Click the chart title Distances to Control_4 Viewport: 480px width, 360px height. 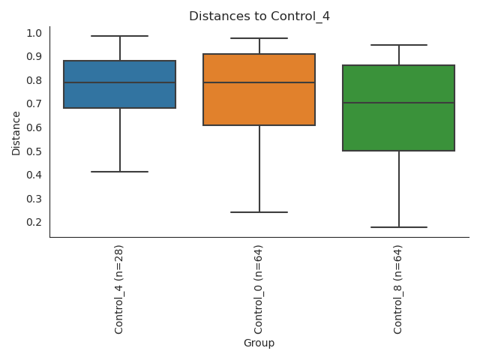[259, 16]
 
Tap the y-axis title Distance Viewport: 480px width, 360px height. [16, 133]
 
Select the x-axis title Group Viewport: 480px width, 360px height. [259, 343]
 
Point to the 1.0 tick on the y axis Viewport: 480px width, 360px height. [34, 33]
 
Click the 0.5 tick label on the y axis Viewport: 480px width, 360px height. [34, 151]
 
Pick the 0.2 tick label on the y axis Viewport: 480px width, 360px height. [34, 223]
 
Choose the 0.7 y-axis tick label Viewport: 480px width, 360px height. [34, 104]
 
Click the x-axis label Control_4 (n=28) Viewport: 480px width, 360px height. [119, 289]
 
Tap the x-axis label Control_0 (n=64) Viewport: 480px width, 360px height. [259, 289]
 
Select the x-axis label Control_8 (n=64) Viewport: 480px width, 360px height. [398, 289]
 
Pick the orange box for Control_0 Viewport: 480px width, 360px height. [259, 105]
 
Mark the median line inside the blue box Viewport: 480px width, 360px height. [119, 82]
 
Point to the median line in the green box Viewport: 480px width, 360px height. [398, 103]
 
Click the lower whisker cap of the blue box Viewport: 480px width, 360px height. [119, 172]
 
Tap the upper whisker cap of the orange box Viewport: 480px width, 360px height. [259, 38]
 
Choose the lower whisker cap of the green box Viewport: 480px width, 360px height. [398, 227]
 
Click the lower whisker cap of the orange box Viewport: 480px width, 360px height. [259, 212]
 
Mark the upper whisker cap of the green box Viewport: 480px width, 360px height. [398, 45]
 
